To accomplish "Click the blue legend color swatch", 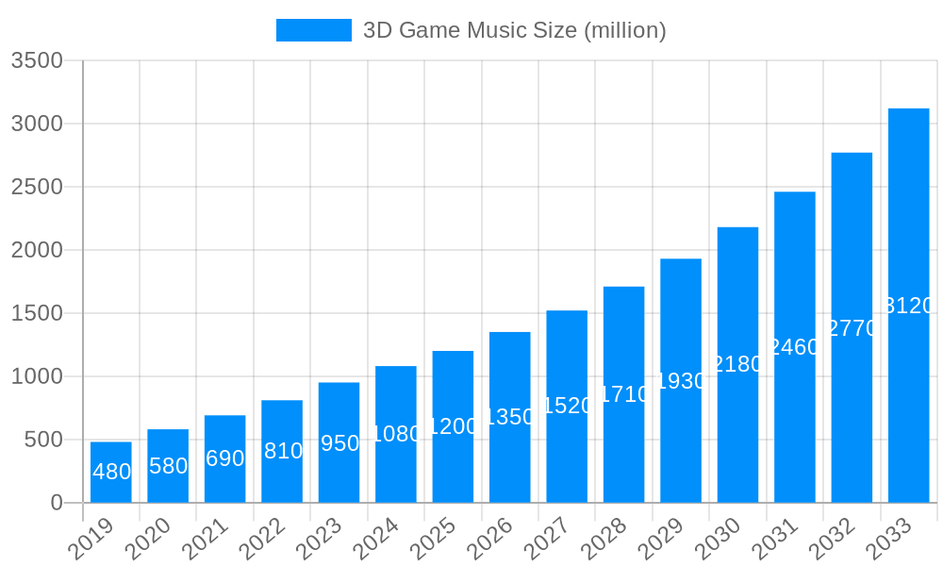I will (313, 30).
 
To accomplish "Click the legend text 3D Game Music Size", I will (514, 30).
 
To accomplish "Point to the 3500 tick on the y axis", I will (37, 61).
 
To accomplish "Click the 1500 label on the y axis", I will (37, 313).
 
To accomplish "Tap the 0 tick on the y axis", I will (57, 503).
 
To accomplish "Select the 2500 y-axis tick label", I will (37, 187).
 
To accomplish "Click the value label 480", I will (111, 472).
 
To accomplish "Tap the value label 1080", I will (396, 434).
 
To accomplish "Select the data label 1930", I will (681, 381).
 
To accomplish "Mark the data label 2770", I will (852, 328).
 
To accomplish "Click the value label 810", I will (282, 451).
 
